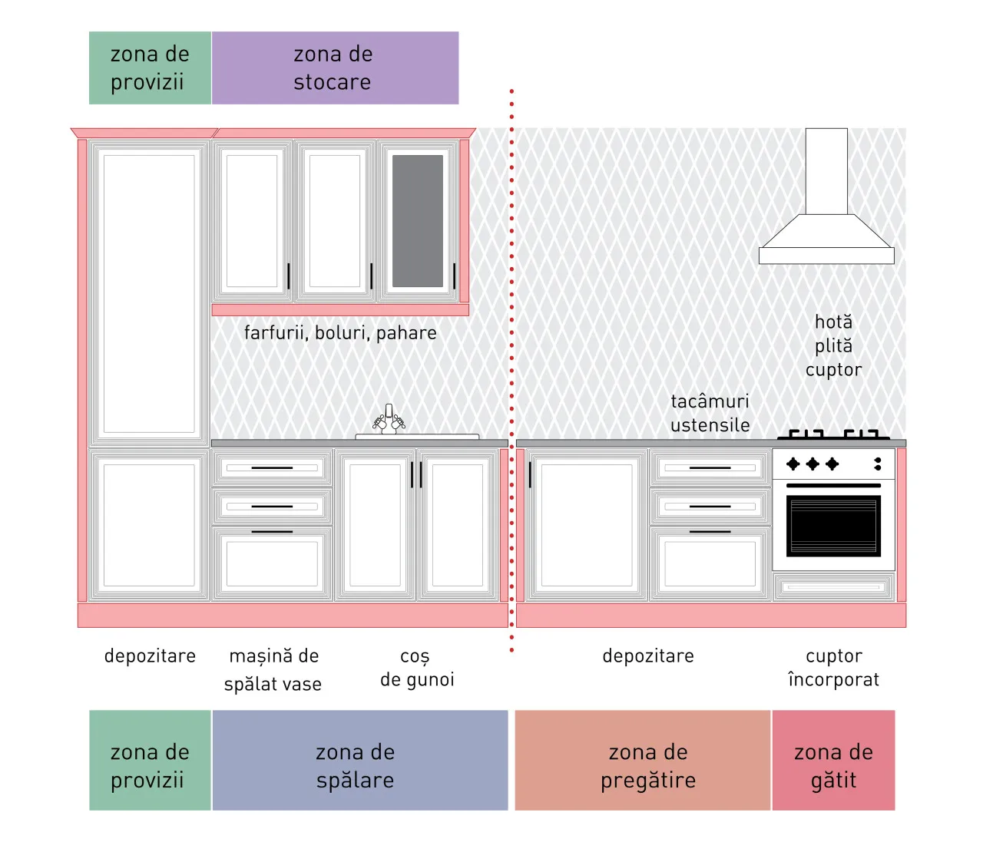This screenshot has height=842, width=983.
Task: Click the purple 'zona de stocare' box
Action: (336, 68)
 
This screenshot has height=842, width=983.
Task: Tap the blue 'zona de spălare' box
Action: (360, 760)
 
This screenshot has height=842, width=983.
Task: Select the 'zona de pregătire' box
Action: (643, 760)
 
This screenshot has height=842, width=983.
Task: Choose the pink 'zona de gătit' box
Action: (834, 760)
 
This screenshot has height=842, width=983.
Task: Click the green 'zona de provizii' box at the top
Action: (150, 68)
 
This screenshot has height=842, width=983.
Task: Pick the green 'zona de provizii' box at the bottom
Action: (150, 760)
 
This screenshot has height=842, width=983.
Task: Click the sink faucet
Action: (389, 419)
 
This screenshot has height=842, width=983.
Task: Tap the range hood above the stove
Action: (826, 196)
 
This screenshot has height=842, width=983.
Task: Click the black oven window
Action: (833, 526)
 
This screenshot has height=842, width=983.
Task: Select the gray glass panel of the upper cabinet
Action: (418, 221)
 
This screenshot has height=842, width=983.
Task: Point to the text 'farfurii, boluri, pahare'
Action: (340, 333)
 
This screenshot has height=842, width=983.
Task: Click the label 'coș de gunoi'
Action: (417, 668)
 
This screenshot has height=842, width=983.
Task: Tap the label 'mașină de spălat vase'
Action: (273, 670)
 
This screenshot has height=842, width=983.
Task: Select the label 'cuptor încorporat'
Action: (834, 668)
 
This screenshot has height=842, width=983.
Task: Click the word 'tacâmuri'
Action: (710, 401)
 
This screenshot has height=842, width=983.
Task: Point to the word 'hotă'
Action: (834, 322)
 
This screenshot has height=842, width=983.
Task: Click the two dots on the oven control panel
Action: (878, 464)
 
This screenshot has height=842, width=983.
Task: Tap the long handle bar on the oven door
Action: (833, 485)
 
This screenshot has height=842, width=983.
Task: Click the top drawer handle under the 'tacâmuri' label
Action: (710, 468)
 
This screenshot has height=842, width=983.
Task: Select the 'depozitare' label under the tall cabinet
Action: (150, 656)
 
